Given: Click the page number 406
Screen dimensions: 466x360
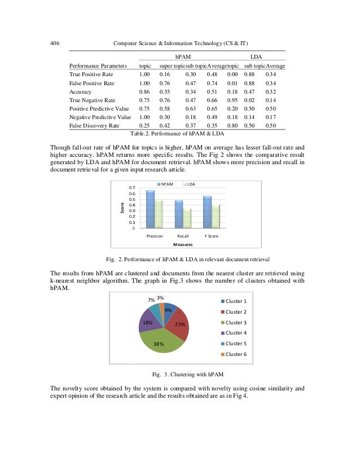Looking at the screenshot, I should coord(55,44).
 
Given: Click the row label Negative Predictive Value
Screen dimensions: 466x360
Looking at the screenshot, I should coord(99,117).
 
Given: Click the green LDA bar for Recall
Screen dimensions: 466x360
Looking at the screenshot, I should coord(187,217).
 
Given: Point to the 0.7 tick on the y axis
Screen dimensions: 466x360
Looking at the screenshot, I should coord(131,187).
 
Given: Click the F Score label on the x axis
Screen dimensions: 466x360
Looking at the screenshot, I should coord(210,236).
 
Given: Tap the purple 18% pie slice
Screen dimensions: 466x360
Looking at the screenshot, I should coord(148,322).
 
